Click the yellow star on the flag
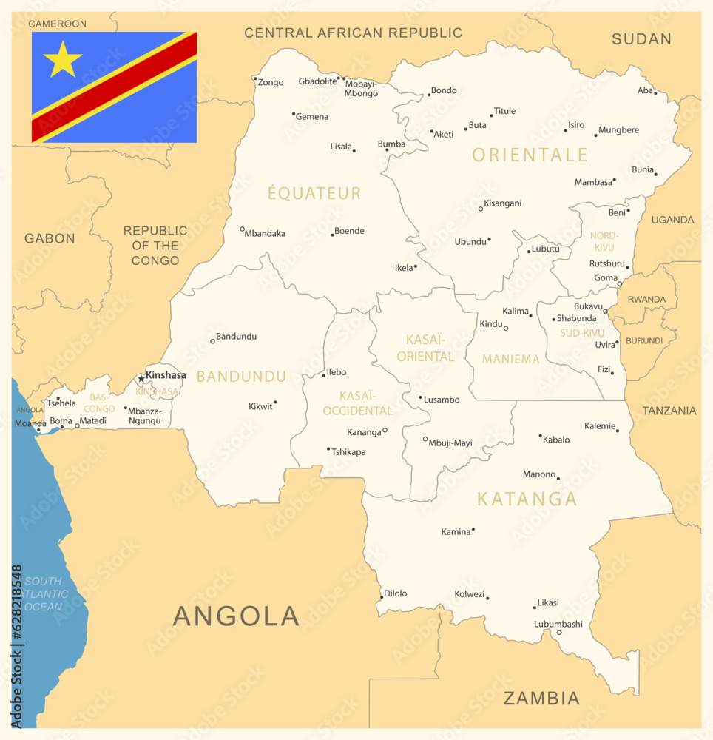click(x=63, y=61)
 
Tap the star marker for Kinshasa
click(x=141, y=379)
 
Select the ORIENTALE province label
click(x=530, y=155)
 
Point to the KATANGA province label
click(x=527, y=499)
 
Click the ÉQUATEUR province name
click(x=314, y=194)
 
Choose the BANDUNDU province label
click(x=241, y=377)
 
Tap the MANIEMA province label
click(x=510, y=359)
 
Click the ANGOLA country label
click(x=236, y=616)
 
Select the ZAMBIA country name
click(x=541, y=698)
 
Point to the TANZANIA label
click(x=669, y=411)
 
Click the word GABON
click(x=50, y=238)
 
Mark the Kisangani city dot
click(x=481, y=209)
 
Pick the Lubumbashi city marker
click(x=559, y=632)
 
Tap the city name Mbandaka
click(x=265, y=234)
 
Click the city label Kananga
click(x=364, y=432)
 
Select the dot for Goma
click(x=620, y=284)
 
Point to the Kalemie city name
click(x=599, y=426)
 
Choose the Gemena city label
click(x=312, y=117)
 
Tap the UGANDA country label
click(x=672, y=220)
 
